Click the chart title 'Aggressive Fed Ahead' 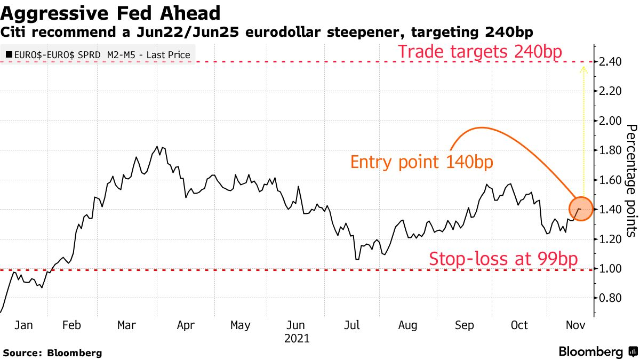coord(111,13)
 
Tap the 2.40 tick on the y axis coord(610,62)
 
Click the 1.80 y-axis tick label coord(610,150)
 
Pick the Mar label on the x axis coord(126,325)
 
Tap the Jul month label coord(352,325)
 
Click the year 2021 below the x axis coord(297,338)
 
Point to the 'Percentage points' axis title coord(631,180)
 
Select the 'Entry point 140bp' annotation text coord(421,162)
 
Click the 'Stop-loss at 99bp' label coord(503,258)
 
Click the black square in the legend coord(9,54)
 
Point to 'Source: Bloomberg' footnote coord(52,353)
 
